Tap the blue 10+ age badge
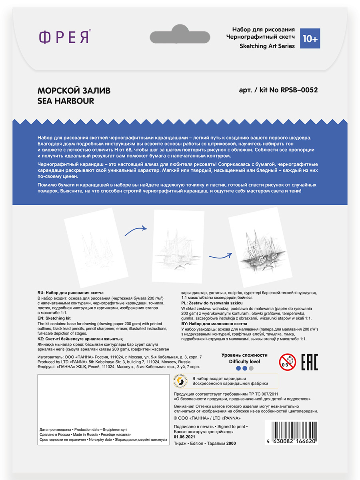pyautogui.click(x=310, y=38)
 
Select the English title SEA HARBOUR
pyautogui.click(x=66, y=101)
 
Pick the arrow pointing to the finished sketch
pyautogui.click(x=220, y=256)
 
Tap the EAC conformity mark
pyautogui.click(x=309, y=362)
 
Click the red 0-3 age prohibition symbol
pyautogui.click(x=287, y=362)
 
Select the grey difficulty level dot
pyautogui.click(x=251, y=368)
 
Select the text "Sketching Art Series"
pyautogui.click(x=267, y=46)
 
